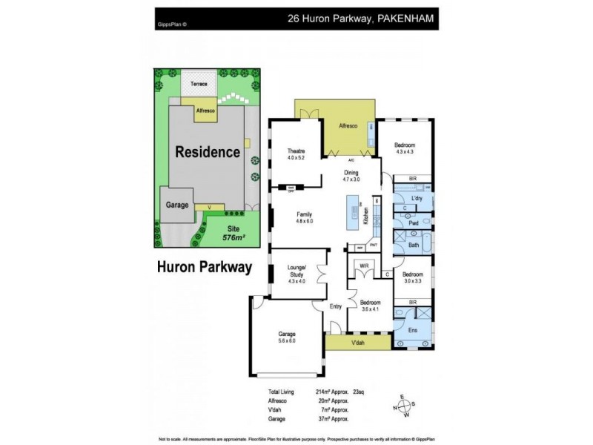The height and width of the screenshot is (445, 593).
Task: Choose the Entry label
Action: coord(337,306)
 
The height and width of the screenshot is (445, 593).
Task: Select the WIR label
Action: coord(364,266)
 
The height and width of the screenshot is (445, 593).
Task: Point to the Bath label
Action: coord(414,244)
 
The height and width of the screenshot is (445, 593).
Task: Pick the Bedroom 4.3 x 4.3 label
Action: coord(405,148)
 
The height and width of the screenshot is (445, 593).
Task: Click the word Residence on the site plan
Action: coord(208,152)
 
